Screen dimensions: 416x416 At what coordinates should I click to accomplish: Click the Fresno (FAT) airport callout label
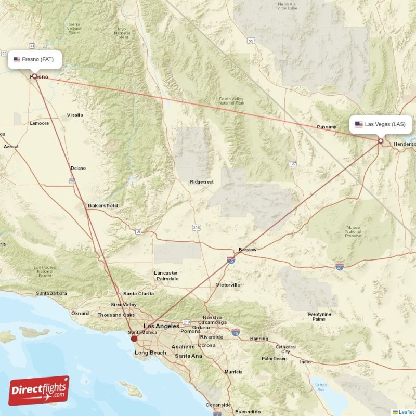coord(35,59)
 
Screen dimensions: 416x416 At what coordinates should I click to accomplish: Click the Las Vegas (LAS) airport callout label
coord(381,124)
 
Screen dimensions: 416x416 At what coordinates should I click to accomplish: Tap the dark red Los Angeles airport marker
coord(134,339)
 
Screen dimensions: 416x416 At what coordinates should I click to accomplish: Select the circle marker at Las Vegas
coord(381,141)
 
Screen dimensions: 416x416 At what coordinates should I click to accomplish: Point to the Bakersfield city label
coord(102,206)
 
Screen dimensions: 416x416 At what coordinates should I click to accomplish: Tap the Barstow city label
coord(248,250)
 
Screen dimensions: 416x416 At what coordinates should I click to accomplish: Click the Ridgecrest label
coord(202,182)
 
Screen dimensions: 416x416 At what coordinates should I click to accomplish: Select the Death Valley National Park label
coord(231,101)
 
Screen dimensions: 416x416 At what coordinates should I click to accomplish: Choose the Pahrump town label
coord(327,127)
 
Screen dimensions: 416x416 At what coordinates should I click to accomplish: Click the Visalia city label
coord(75,115)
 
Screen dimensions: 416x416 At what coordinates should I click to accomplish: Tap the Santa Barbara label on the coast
coord(51,293)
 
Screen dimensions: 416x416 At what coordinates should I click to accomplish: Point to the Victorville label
coord(228,285)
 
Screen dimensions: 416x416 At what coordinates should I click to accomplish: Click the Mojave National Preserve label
coord(353,231)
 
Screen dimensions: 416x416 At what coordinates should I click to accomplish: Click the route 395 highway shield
coord(196,228)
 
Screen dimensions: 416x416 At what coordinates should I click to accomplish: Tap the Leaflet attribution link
coord(406,412)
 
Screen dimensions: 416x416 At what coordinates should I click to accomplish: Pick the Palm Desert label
coord(275,358)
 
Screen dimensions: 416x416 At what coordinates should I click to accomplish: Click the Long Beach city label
coord(150,353)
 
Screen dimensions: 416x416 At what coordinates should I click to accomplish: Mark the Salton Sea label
coord(321,387)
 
